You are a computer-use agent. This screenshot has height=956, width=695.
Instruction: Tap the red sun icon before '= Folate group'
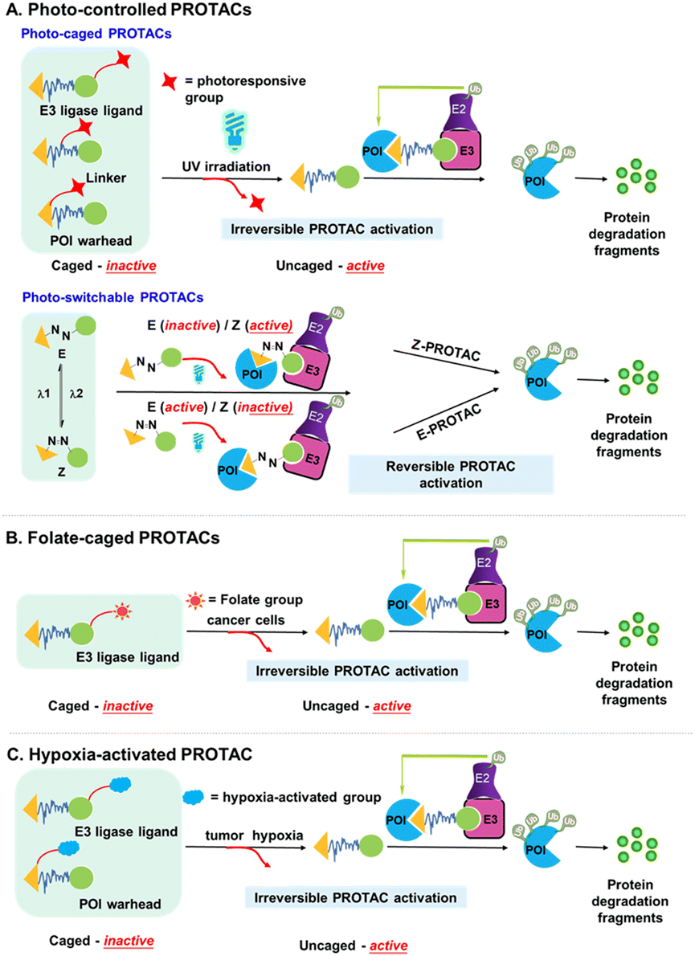196,601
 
